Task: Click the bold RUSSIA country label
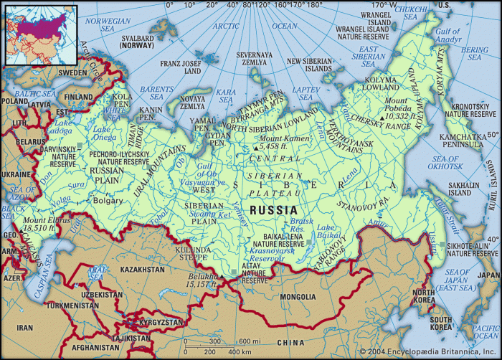click(x=273, y=209)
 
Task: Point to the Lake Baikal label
click(x=328, y=232)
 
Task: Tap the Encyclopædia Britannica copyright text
click(x=445, y=353)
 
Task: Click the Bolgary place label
click(x=108, y=202)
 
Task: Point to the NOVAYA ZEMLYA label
click(x=191, y=101)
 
